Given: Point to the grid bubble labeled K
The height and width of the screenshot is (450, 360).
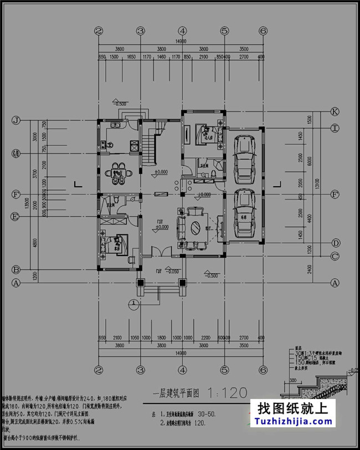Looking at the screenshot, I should coord(335,111).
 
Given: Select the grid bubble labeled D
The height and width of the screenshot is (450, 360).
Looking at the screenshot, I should coord(335,243).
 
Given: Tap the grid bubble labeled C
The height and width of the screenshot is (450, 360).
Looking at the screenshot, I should coord(335,256).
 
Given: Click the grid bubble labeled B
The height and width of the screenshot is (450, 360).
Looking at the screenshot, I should coord(16,270).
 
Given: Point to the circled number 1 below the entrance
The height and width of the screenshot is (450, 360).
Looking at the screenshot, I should coord(134,303).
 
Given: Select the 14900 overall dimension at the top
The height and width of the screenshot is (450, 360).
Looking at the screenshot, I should coord(181,41).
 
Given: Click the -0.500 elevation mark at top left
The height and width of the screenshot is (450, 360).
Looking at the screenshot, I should coord(119,103).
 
